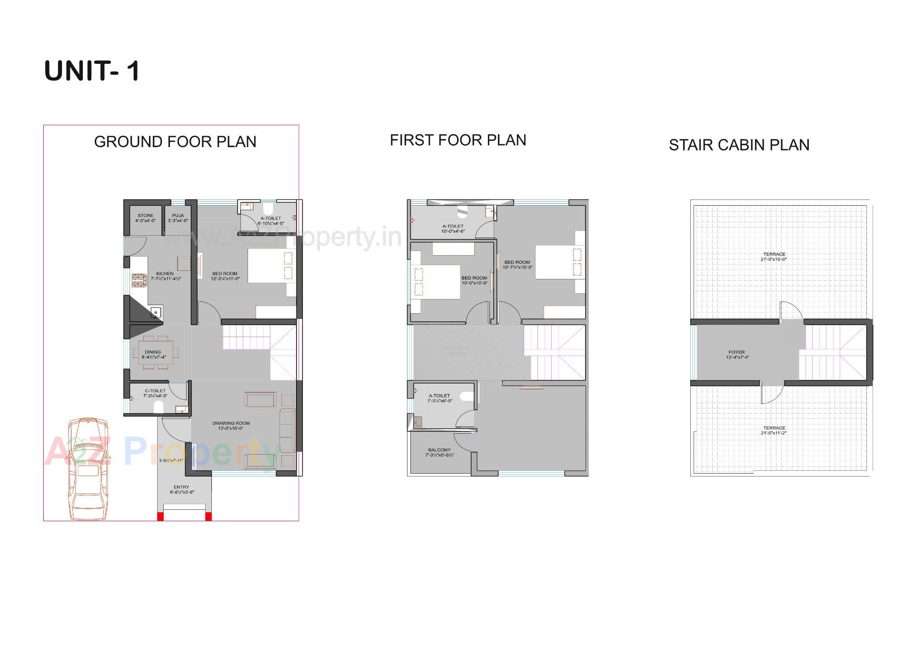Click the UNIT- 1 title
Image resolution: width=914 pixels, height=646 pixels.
click(x=92, y=71)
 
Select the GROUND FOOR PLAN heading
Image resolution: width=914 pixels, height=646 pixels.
click(x=175, y=142)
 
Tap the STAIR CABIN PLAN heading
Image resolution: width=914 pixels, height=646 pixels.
click(x=739, y=145)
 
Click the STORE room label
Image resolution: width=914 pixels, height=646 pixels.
click(x=145, y=218)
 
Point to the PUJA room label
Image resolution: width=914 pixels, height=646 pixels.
click(x=178, y=218)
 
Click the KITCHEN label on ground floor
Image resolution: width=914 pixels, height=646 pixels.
click(x=165, y=276)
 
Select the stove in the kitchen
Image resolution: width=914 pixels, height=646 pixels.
click(x=139, y=280)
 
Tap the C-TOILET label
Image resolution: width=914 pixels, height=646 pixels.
click(x=155, y=393)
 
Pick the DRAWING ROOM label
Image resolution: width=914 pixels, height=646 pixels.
click(x=231, y=426)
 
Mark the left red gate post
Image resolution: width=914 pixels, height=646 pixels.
click(x=160, y=517)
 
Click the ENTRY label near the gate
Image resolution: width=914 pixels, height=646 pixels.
click(x=181, y=489)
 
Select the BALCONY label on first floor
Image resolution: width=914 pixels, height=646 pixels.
click(x=439, y=452)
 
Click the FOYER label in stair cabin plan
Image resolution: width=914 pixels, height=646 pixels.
click(x=736, y=355)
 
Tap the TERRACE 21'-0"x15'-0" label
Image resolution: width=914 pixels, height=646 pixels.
click(x=774, y=257)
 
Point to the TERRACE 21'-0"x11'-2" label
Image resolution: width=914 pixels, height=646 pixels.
click(x=774, y=430)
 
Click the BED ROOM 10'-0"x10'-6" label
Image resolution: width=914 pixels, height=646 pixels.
click(x=474, y=280)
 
